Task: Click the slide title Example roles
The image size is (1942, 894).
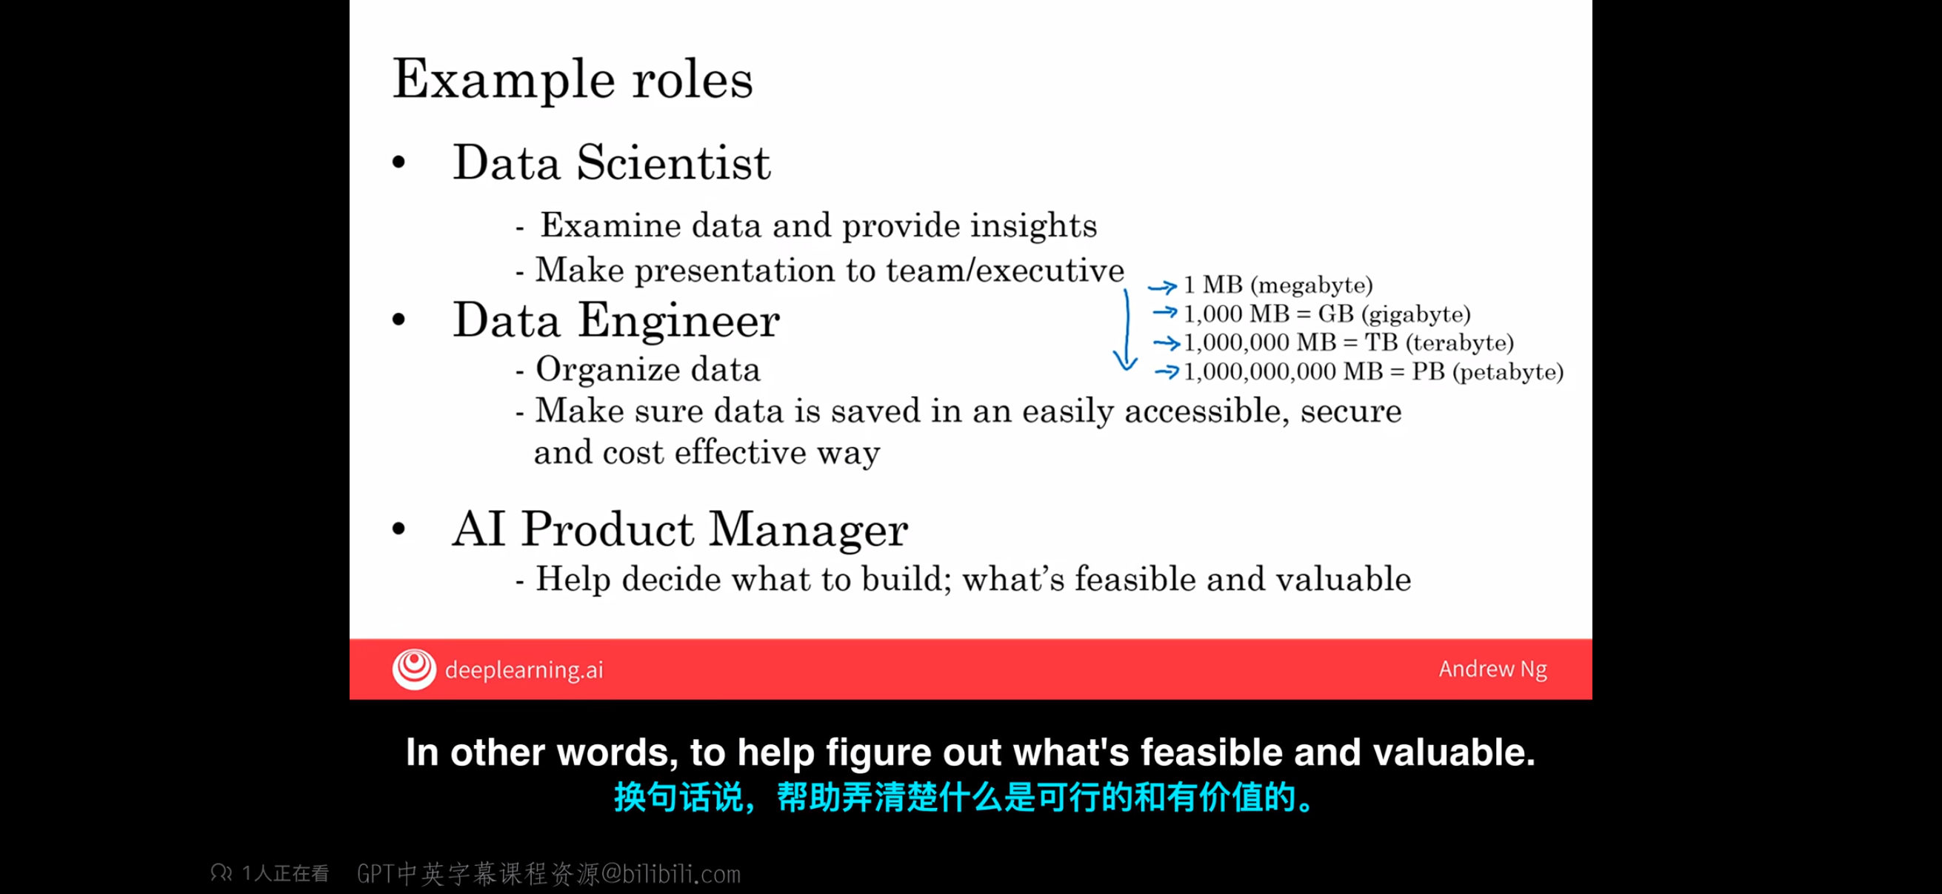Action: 573,80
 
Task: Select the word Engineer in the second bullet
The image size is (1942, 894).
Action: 678,320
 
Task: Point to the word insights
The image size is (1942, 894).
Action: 1032,225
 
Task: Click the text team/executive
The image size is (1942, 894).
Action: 1004,270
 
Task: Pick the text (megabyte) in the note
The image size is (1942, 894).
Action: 1311,285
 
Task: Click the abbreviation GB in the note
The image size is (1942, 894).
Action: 1336,314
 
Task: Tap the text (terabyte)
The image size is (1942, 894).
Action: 1460,343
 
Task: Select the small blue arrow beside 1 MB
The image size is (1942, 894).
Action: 1162,286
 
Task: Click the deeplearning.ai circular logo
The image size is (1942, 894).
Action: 414,669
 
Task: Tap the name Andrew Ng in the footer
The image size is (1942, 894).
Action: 1492,669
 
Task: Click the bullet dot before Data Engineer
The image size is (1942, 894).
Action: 398,320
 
